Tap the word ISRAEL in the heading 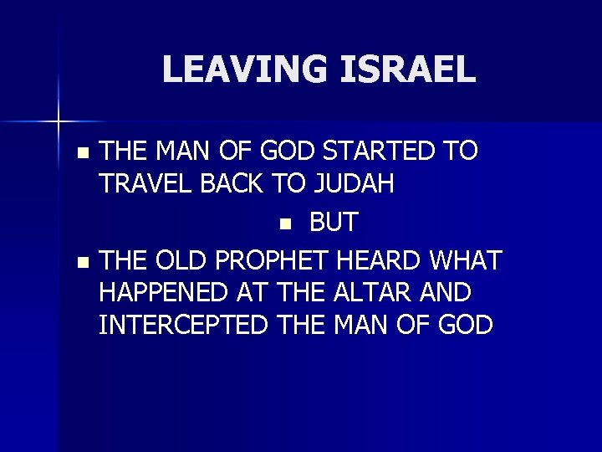(409, 69)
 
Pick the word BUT (334, 223)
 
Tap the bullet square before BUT (285, 223)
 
